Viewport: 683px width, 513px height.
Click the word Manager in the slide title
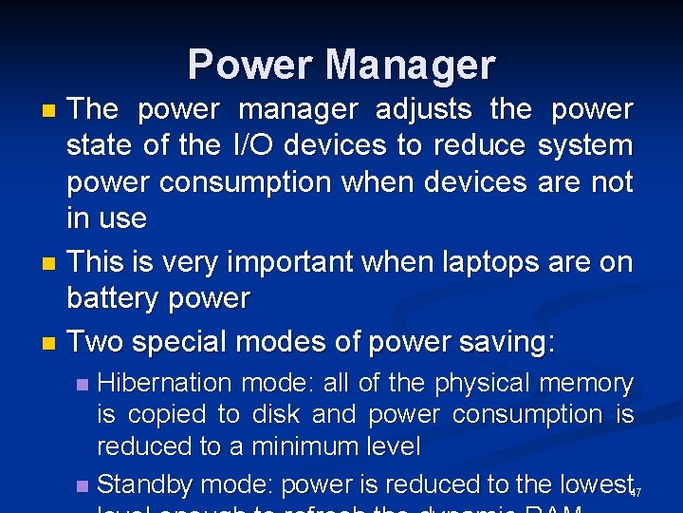410,66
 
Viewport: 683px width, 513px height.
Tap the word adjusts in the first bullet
423,110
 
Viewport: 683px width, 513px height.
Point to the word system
584,146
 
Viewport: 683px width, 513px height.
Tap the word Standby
145,484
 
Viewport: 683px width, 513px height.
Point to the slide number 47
636,492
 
